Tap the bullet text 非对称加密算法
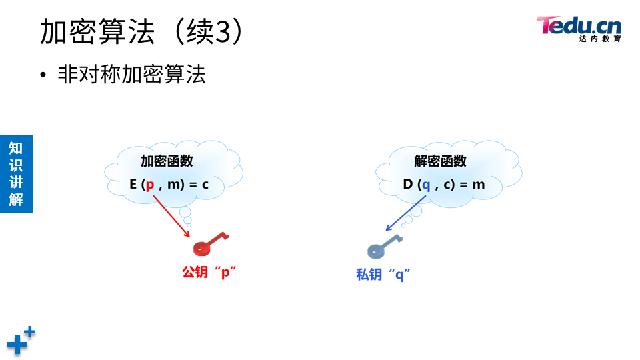[132, 74]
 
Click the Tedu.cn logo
[578, 27]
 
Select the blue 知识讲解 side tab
[16, 173]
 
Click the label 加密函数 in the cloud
[167, 161]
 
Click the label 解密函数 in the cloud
[441, 161]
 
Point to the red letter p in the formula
[150, 185]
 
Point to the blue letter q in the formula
[426, 185]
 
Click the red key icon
[209, 244]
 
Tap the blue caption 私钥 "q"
[383, 275]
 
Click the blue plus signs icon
[21, 340]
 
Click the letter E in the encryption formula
[133, 184]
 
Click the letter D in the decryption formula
[408, 184]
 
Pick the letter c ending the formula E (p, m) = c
[205, 185]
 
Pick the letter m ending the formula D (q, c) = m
[479, 185]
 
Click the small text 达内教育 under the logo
[600, 39]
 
